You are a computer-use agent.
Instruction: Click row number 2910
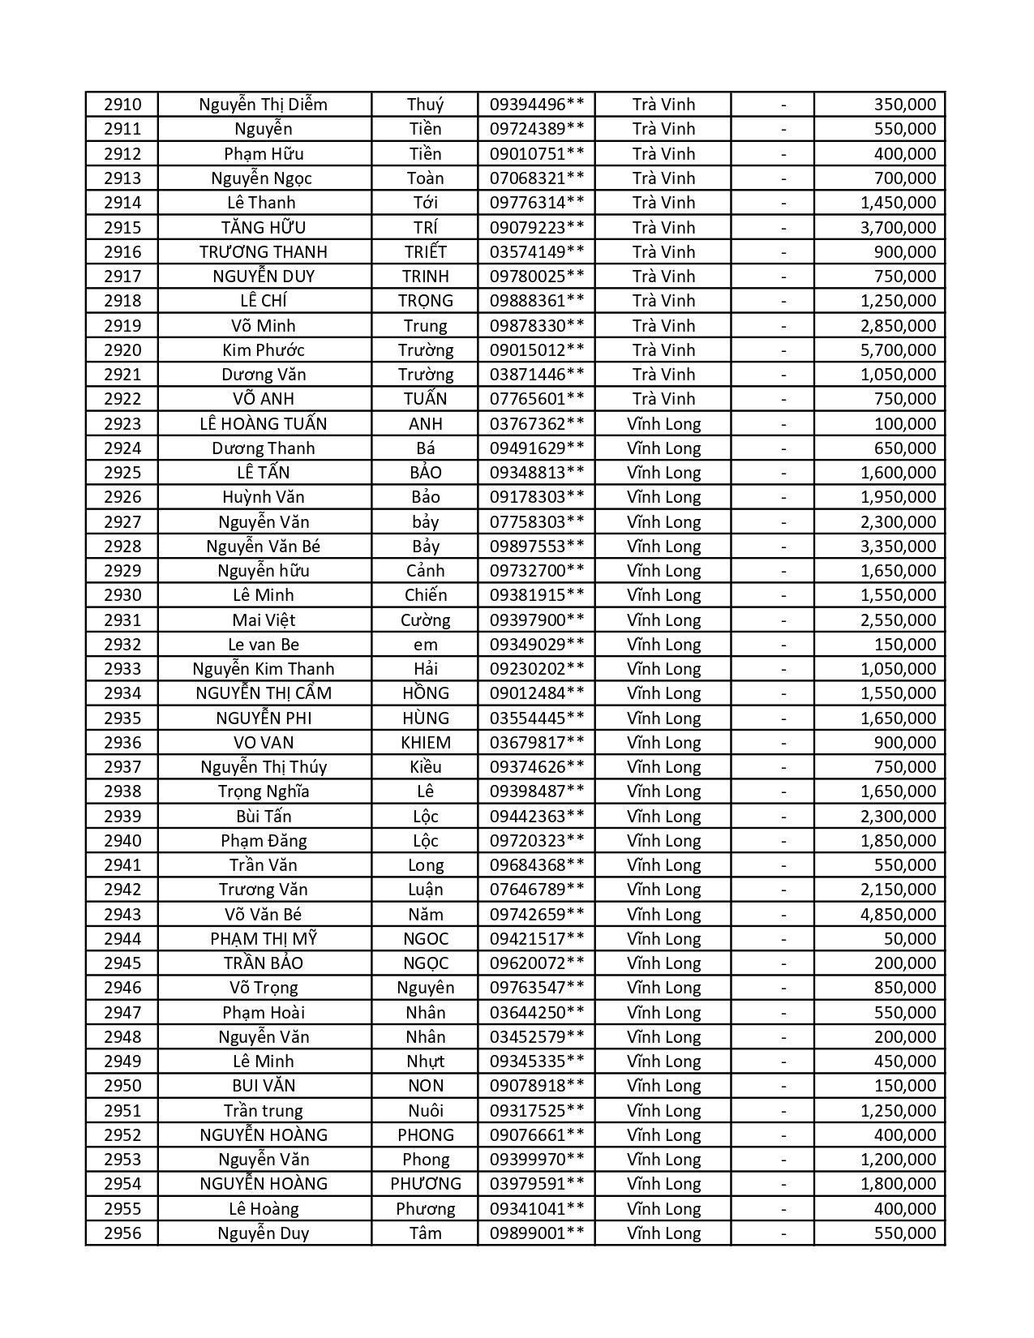[122, 105]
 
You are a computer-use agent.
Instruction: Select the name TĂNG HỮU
[264, 227]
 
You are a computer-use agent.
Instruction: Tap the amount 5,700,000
[898, 350]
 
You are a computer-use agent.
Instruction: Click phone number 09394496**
[536, 105]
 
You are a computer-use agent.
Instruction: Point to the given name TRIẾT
[425, 252]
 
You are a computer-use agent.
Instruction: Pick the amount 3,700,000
[898, 227]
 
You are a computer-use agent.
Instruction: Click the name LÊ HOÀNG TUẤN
[264, 423]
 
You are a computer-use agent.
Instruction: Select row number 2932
[122, 645]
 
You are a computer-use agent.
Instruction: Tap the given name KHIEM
[425, 743]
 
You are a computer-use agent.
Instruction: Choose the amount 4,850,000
[898, 915]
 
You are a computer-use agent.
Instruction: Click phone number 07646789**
[536, 890]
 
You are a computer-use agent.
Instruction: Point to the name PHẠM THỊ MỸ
[264, 939]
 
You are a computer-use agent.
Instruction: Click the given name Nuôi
[425, 1111]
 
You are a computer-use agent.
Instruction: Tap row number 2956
[122, 1233]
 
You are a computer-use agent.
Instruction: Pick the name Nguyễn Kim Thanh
[264, 669]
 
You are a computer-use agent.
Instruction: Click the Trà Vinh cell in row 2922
[663, 399]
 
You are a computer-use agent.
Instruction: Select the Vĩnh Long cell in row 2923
[663, 423]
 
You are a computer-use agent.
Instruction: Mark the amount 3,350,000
[898, 547]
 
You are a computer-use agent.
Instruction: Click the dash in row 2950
[783, 1086]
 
